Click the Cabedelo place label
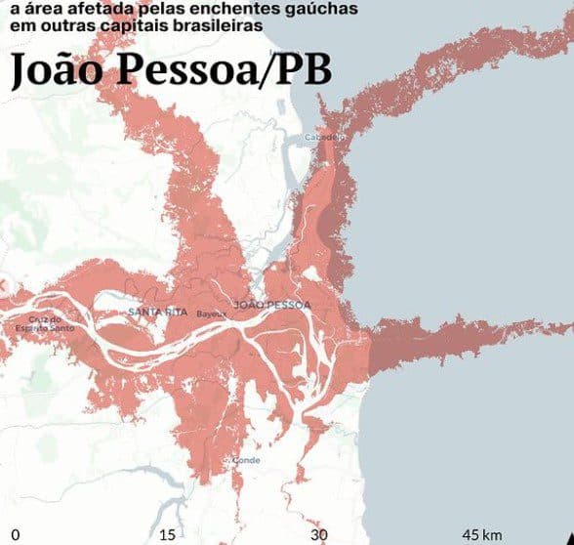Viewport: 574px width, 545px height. pos(326,138)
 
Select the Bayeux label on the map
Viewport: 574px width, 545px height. pos(211,314)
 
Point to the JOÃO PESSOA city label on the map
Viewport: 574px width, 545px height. pos(273,305)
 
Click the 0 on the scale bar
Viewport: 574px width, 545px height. pos(16,534)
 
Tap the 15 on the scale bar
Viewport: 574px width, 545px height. pos(166,534)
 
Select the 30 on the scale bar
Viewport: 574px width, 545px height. pos(318,534)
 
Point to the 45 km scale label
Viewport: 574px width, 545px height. pos(482,534)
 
